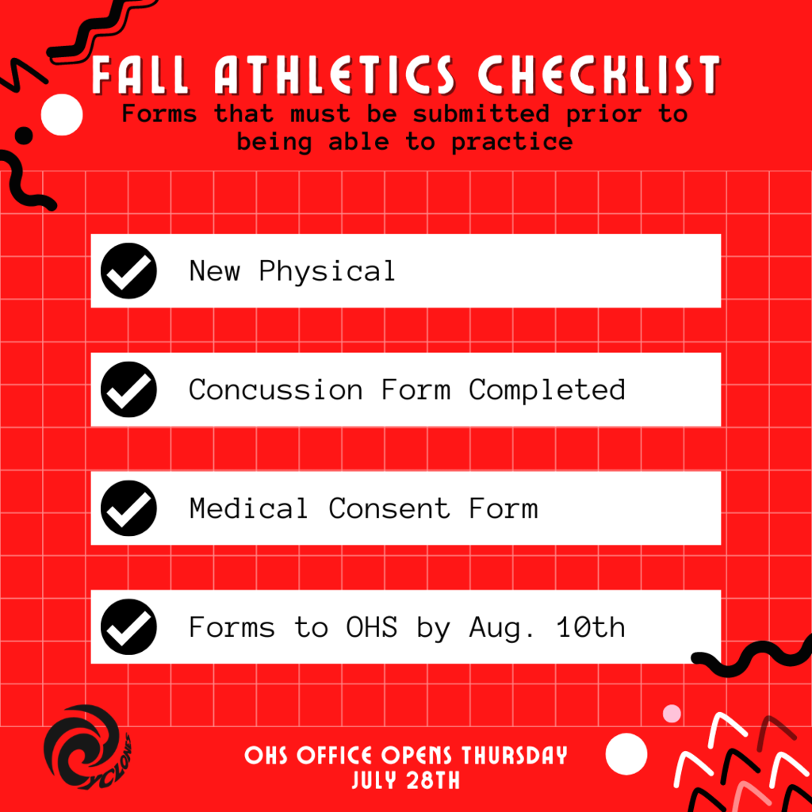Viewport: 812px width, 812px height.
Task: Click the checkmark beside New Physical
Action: tap(128, 271)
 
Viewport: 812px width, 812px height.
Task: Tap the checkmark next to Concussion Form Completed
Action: tap(128, 389)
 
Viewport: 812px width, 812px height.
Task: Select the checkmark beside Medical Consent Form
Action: tap(128, 508)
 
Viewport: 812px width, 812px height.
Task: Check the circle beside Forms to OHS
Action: tap(128, 626)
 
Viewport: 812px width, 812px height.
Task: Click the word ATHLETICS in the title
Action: tap(335, 75)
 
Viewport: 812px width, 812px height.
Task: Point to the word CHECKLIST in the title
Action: tap(599, 75)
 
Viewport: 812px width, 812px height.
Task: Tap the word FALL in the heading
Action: tap(140, 75)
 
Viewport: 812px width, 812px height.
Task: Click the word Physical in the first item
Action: tap(327, 271)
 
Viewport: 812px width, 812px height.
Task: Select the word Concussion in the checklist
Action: tap(275, 389)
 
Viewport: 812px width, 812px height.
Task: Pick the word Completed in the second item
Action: tap(547, 390)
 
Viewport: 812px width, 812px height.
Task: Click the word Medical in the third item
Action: tap(248, 508)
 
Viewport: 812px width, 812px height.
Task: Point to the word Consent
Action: tap(389, 508)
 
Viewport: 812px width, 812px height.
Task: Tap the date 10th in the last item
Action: tap(591, 626)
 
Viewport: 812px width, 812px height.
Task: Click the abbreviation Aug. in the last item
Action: tap(501, 628)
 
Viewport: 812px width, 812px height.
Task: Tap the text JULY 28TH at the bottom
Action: tap(406, 780)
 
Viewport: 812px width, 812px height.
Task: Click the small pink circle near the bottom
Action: tap(672, 714)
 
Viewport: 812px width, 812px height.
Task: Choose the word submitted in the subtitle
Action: tap(481, 113)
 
